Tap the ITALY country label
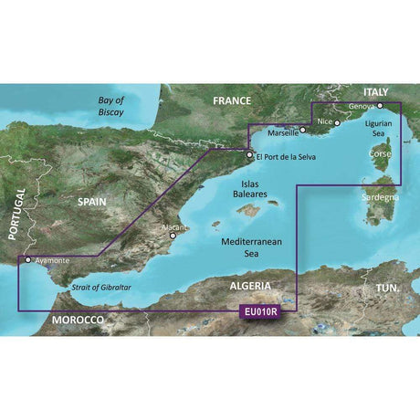[379, 92]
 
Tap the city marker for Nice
[337, 121]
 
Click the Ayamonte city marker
[27, 258]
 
